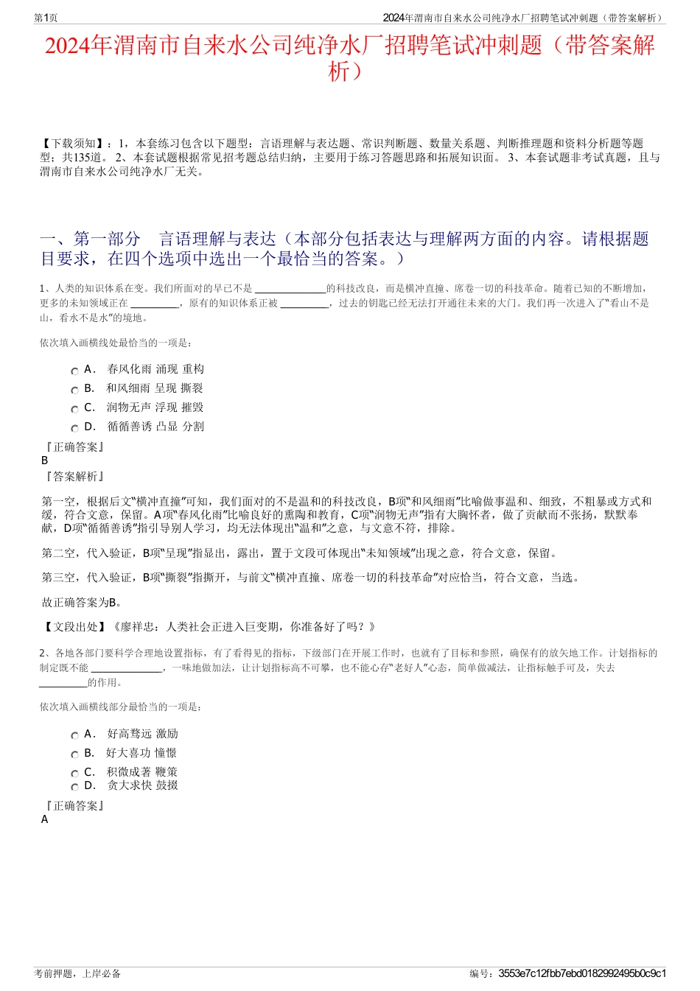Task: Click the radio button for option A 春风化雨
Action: pyautogui.click(x=74, y=371)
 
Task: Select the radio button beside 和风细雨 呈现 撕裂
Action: pyautogui.click(x=74, y=391)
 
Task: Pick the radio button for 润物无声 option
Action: pyautogui.click(x=74, y=410)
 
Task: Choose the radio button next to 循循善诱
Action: pyautogui.click(x=74, y=429)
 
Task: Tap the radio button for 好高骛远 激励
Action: pyautogui.click(x=74, y=736)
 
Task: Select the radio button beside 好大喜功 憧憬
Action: pyautogui.click(x=74, y=755)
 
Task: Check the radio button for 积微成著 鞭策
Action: pyautogui.click(x=74, y=774)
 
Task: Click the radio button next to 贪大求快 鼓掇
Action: pyautogui.click(x=74, y=788)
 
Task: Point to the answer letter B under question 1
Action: pyautogui.click(x=45, y=461)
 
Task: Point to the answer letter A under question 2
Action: pyautogui.click(x=45, y=819)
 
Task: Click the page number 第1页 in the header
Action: pyautogui.click(x=46, y=18)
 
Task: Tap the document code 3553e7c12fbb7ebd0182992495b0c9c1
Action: pyautogui.click(x=582, y=973)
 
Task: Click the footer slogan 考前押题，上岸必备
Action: pyautogui.click(x=77, y=973)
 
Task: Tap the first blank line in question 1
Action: pyautogui.click(x=290, y=289)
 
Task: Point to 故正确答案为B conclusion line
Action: pyautogui.click(x=82, y=603)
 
